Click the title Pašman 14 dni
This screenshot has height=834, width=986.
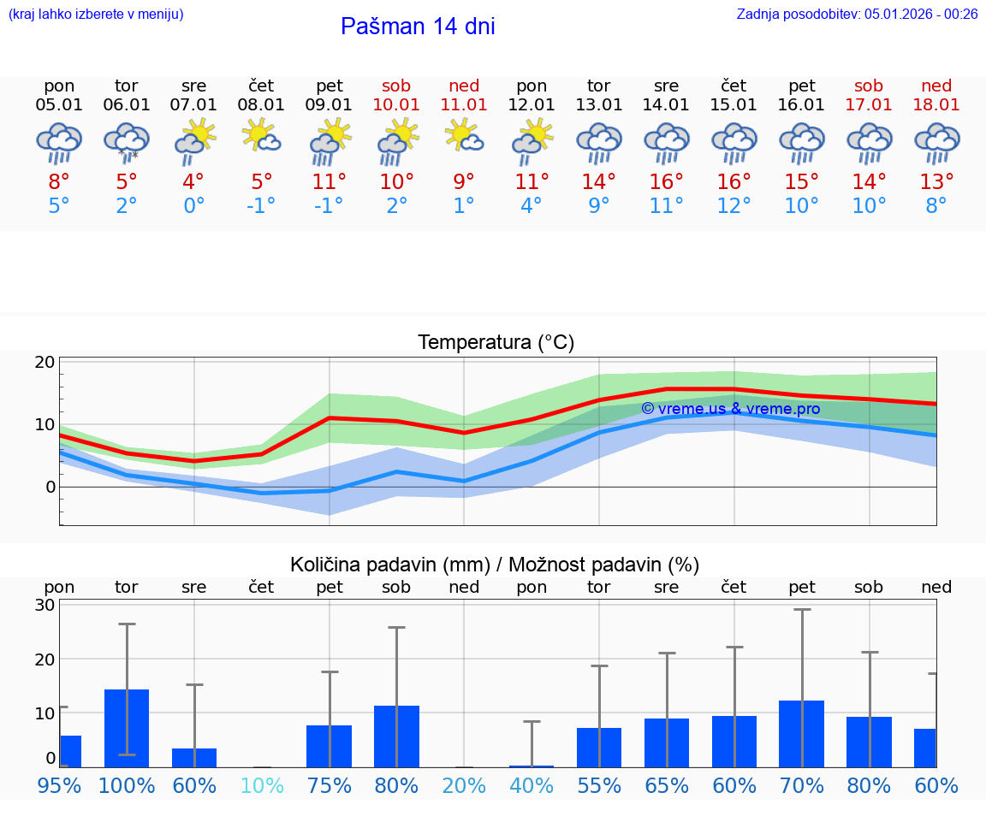tap(418, 27)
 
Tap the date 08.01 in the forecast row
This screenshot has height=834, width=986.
tap(261, 104)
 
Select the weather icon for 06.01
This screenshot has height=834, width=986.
tap(127, 143)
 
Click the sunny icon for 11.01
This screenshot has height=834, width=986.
tap(464, 136)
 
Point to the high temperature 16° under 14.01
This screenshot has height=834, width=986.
tap(666, 181)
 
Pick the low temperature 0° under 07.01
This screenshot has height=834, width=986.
tap(194, 206)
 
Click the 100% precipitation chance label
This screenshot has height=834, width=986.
tap(127, 785)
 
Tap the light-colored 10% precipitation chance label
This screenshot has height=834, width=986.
tap(261, 785)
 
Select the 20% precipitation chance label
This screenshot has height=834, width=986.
tap(464, 785)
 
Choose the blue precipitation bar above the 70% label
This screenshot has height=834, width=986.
tap(802, 734)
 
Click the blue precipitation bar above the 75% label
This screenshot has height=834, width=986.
tap(330, 746)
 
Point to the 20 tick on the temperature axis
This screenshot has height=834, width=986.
tap(45, 362)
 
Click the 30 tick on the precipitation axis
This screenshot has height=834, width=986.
tap(45, 605)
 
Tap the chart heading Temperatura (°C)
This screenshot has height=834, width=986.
tap(496, 343)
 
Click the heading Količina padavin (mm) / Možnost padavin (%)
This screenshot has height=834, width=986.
tap(495, 565)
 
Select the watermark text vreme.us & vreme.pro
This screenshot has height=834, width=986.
tap(731, 409)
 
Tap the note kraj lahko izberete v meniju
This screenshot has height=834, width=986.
tap(95, 14)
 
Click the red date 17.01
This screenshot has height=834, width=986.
tap(869, 104)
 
